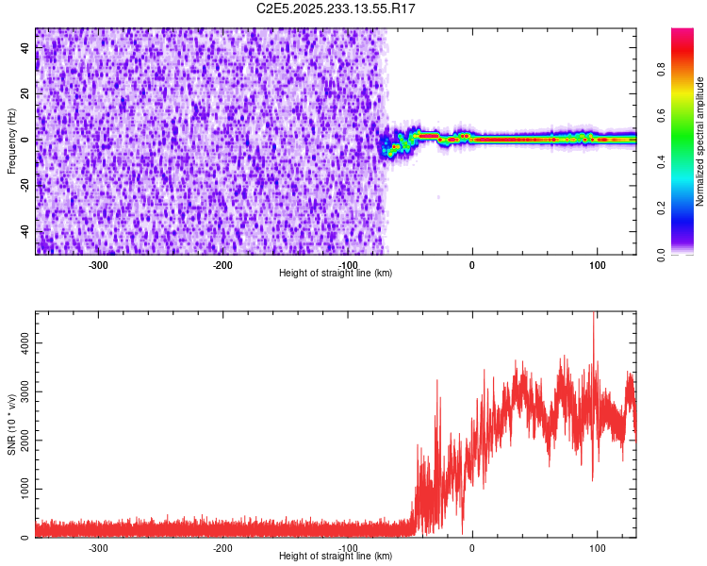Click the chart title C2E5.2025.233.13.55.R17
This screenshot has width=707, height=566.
click(337, 8)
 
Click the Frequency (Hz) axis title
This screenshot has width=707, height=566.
click(11, 141)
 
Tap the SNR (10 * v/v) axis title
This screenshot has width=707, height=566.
click(11, 424)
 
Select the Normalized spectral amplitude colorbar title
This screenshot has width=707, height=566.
click(700, 141)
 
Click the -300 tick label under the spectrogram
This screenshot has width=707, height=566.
click(99, 265)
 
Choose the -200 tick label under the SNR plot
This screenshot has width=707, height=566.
click(223, 548)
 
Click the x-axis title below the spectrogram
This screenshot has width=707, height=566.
click(336, 274)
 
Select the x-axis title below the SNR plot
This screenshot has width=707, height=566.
click(336, 557)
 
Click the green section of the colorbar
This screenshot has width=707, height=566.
click(682, 151)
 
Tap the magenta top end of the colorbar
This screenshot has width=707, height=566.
click(682, 33)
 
